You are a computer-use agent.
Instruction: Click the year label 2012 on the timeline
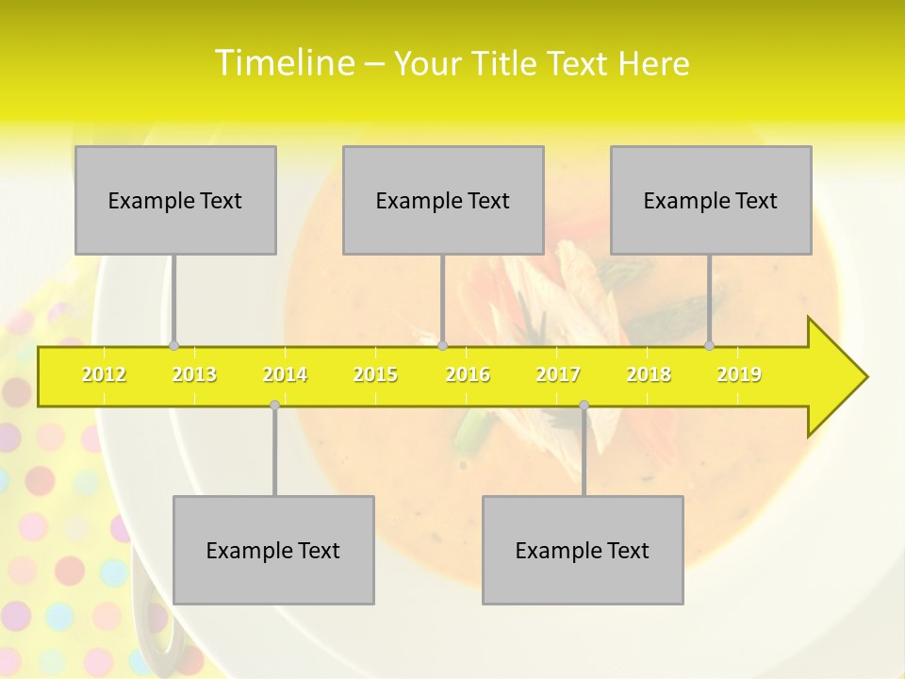[104, 374]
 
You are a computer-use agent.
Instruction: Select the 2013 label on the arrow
[194, 374]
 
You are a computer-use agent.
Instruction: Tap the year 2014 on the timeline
[285, 374]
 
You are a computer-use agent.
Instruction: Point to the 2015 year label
[375, 374]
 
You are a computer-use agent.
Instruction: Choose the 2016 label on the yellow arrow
[468, 374]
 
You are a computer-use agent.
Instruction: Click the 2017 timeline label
[558, 374]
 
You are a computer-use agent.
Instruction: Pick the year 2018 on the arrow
[649, 374]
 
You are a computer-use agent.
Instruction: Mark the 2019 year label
[739, 374]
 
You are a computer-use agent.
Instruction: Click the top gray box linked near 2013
[175, 200]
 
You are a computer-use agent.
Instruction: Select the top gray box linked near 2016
[443, 200]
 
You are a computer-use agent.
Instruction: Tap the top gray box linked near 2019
[711, 200]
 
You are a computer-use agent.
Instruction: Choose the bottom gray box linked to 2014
[273, 550]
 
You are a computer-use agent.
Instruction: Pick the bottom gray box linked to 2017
[583, 550]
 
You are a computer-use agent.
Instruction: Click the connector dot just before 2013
[173, 345]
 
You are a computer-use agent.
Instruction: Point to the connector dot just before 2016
[442, 345]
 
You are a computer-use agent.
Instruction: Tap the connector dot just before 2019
[710, 345]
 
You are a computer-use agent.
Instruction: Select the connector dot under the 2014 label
[274, 406]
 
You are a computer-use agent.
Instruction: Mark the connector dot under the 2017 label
[584, 406]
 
